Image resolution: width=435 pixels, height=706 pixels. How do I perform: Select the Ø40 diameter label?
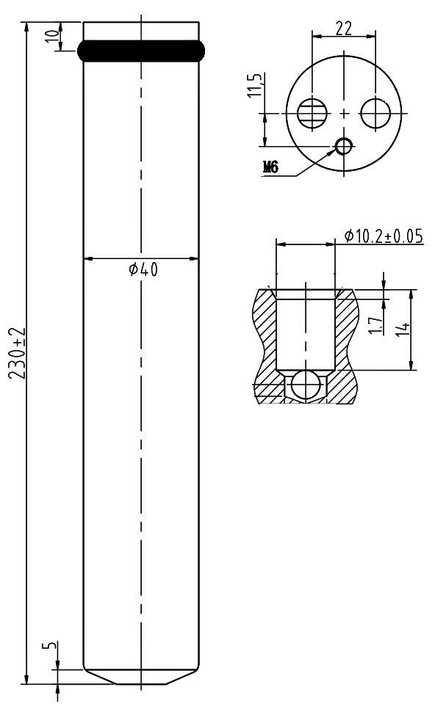tap(143, 269)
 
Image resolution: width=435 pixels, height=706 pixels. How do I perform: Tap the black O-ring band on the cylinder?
tap(141, 51)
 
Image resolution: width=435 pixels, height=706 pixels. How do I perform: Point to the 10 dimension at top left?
tap(53, 35)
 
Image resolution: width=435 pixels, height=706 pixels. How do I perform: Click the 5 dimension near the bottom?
tap(49, 645)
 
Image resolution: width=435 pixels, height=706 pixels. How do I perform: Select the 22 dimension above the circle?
tap(343, 29)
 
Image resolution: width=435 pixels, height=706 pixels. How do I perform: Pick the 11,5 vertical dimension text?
tap(255, 85)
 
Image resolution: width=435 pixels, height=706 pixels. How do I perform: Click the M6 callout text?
tap(270, 167)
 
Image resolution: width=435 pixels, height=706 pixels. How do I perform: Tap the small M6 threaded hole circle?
tap(345, 146)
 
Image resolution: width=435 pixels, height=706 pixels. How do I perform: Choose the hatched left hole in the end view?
tap(312, 112)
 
